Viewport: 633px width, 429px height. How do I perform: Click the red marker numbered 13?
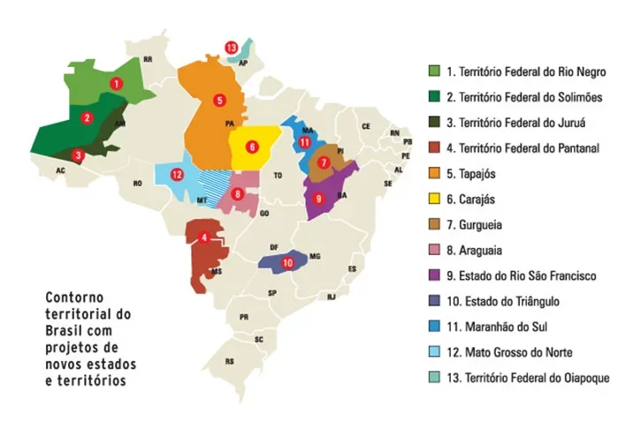[231, 47]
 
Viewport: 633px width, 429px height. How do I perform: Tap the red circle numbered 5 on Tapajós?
[219, 100]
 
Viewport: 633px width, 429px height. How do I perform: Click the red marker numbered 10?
[286, 263]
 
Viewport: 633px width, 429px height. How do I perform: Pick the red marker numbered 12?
[178, 174]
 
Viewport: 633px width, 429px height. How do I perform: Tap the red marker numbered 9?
[319, 199]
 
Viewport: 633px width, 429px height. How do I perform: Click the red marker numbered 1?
[116, 82]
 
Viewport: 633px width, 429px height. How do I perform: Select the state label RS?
[230, 361]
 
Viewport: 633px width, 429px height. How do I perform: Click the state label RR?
[148, 59]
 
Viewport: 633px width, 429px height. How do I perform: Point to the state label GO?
[264, 213]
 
